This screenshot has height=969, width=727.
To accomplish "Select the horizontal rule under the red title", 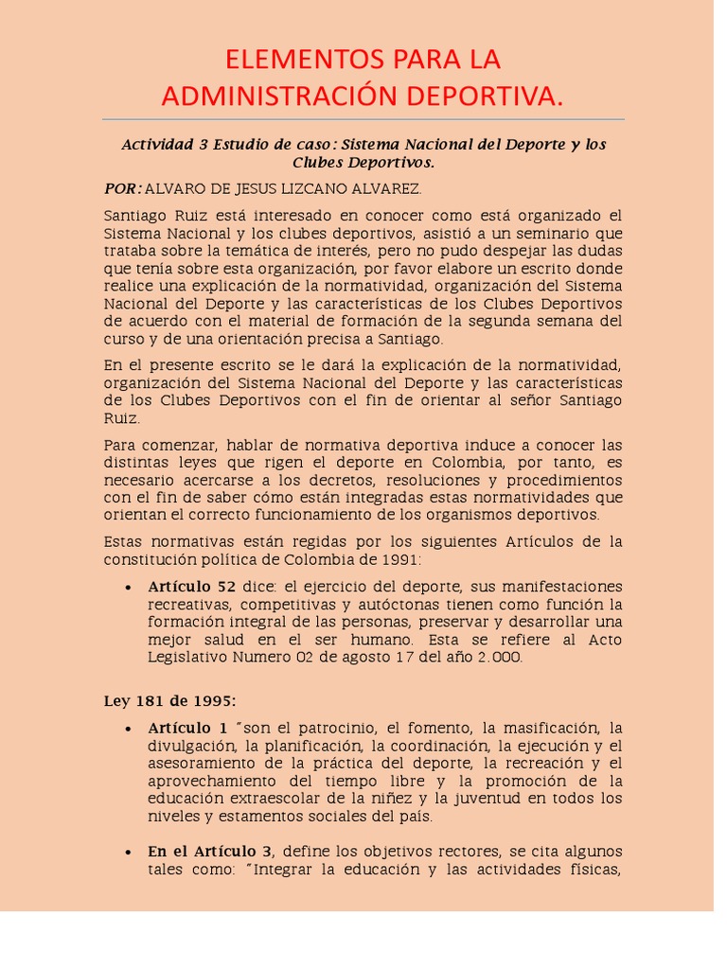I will tap(363, 120).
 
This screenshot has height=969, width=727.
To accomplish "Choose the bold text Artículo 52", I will tap(186, 587).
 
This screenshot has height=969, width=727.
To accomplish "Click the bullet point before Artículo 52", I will tap(128, 588).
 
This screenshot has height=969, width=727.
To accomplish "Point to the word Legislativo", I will tap(188, 658).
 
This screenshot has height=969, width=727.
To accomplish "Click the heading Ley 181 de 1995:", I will tap(170, 701).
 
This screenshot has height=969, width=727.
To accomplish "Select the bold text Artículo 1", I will tap(187, 729).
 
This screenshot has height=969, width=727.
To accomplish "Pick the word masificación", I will tap(548, 729).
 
